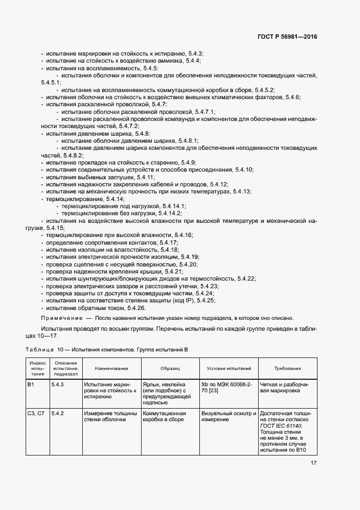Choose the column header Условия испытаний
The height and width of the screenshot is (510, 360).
click(x=229, y=368)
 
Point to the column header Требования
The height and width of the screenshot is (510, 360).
click(x=288, y=368)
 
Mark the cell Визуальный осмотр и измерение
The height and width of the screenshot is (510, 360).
click(x=228, y=417)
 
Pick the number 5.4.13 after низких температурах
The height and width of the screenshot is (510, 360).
click(x=241, y=191)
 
